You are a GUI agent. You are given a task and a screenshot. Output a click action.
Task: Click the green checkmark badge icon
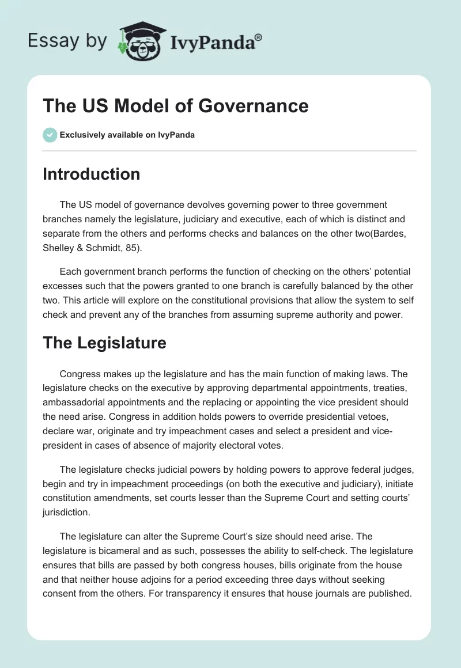pyautogui.click(x=50, y=135)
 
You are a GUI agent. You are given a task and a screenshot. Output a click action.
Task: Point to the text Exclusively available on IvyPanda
pyautogui.click(x=127, y=135)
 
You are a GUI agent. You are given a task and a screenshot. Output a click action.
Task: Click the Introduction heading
pyautogui.click(x=91, y=174)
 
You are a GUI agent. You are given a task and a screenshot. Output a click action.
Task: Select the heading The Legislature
pyautogui.click(x=104, y=343)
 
